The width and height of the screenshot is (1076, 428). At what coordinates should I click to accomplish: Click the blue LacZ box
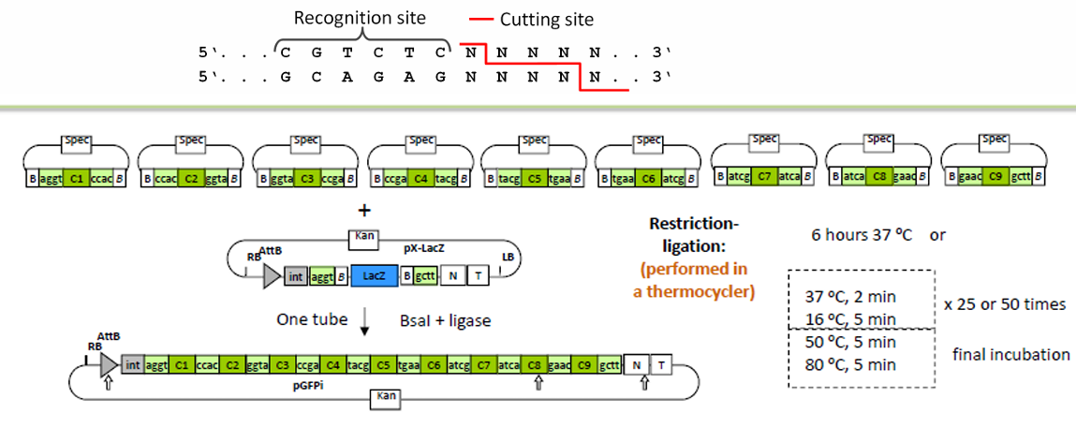pos(373,276)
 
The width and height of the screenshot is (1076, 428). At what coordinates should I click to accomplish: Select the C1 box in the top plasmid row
pos(77,176)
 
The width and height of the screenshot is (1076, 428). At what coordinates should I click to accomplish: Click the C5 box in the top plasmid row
pos(535,176)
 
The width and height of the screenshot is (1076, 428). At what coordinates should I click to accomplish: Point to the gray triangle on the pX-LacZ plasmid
pos(272,276)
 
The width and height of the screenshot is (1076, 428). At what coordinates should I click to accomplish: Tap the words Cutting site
pos(545,19)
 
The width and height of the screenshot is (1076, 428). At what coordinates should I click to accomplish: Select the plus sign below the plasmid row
pos(364,211)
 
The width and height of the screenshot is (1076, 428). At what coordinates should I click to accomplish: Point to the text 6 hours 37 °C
pos(862,235)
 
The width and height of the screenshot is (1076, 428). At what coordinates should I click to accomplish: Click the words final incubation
pos(1011,354)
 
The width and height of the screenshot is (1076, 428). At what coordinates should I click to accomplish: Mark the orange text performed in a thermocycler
pos(696,279)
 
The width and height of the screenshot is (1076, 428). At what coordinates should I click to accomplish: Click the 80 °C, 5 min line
pos(851,365)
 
